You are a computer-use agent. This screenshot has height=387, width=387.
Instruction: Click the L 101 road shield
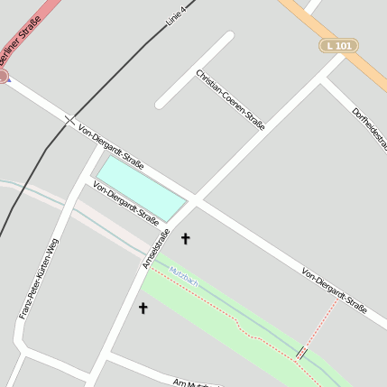click(x=338, y=45)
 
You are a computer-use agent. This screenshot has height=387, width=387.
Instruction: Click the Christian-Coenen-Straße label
click(x=230, y=99)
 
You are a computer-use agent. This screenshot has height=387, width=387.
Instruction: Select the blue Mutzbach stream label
click(x=183, y=279)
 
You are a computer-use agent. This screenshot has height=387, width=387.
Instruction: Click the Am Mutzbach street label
click(x=189, y=383)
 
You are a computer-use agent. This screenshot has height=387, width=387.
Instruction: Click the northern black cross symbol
click(x=186, y=239)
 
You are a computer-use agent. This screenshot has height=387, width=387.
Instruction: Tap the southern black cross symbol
click(x=143, y=309)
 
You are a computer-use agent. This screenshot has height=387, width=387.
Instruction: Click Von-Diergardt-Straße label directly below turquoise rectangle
click(x=125, y=202)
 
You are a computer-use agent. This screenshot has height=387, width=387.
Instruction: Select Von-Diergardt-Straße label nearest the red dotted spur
click(x=335, y=290)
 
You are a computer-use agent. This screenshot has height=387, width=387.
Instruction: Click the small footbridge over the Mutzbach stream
click(x=302, y=353)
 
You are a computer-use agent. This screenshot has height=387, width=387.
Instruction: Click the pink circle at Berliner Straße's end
click(x=3, y=77)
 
